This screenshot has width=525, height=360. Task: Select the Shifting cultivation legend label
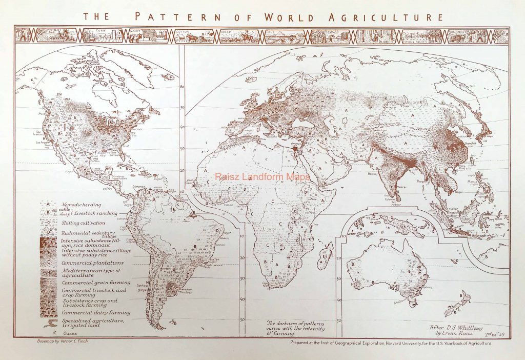tap(83, 223)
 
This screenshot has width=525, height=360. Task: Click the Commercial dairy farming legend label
tap(96, 312)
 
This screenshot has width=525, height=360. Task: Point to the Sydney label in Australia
tap(431, 286)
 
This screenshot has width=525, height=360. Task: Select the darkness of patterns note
tap(295, 328)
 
